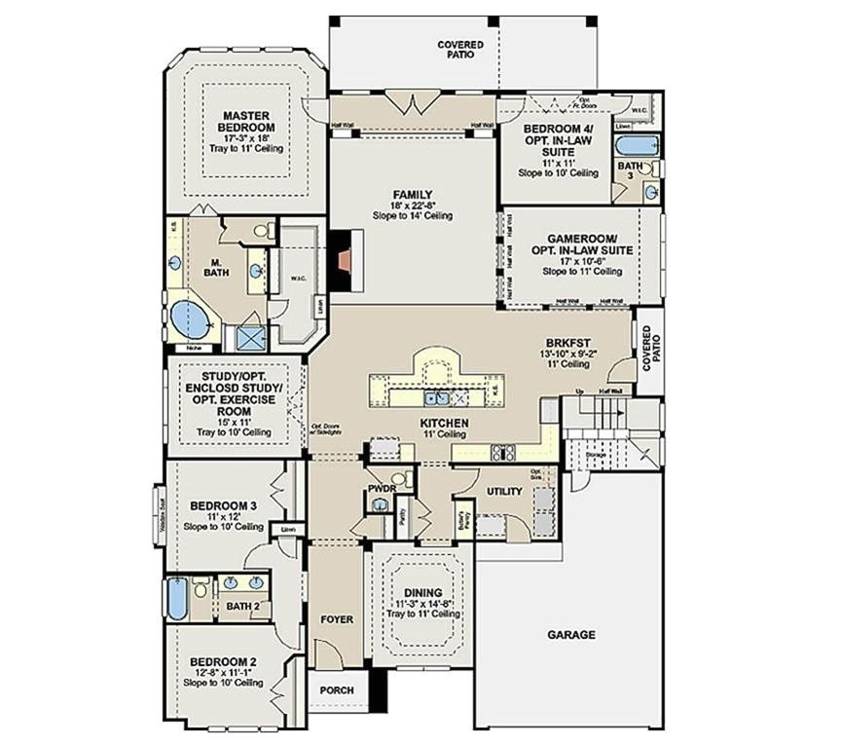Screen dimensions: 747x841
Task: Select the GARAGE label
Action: (570, 634)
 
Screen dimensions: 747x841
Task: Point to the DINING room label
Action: (423, 592)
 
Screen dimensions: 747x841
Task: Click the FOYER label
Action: (337, 619)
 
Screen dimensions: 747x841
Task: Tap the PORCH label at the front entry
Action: (337, 691)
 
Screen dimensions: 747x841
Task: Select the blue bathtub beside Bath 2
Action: (176, 598)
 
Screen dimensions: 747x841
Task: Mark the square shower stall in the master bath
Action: (249, 337)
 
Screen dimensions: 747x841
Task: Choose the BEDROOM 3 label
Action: (223, 505)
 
